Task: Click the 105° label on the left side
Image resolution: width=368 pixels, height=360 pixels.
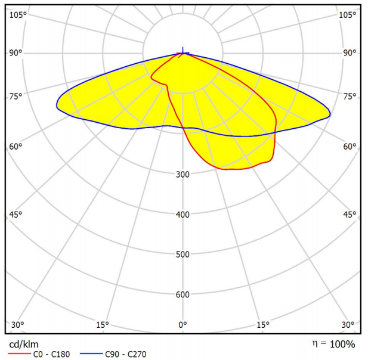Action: point(17,14)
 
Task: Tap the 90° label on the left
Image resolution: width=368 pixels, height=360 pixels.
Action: point(16,53)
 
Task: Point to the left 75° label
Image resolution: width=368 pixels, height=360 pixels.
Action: point(16,97)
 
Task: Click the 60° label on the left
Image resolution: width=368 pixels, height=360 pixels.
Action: point(16,147)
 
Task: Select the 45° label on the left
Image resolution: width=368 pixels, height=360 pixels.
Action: point(16,215)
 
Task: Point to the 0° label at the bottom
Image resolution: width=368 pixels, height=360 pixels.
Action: point(183,324)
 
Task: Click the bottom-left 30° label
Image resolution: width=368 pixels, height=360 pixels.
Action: point(18,324)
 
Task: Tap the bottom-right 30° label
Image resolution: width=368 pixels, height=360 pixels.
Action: point(348,324)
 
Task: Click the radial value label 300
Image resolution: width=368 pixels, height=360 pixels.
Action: point(183,175)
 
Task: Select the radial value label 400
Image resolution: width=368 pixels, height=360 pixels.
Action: point(183,215)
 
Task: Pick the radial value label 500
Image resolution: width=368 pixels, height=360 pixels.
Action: point(183,255)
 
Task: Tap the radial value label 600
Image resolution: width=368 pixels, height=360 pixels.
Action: point(183,294)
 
